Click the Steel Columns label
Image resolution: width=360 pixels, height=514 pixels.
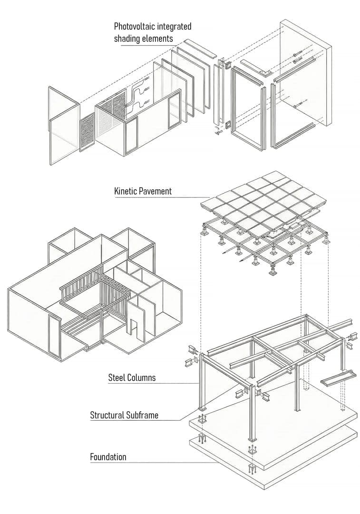132,378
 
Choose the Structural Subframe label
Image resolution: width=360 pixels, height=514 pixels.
124,415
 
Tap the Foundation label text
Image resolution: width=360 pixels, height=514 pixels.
108,457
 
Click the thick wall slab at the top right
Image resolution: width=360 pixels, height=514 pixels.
304,76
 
